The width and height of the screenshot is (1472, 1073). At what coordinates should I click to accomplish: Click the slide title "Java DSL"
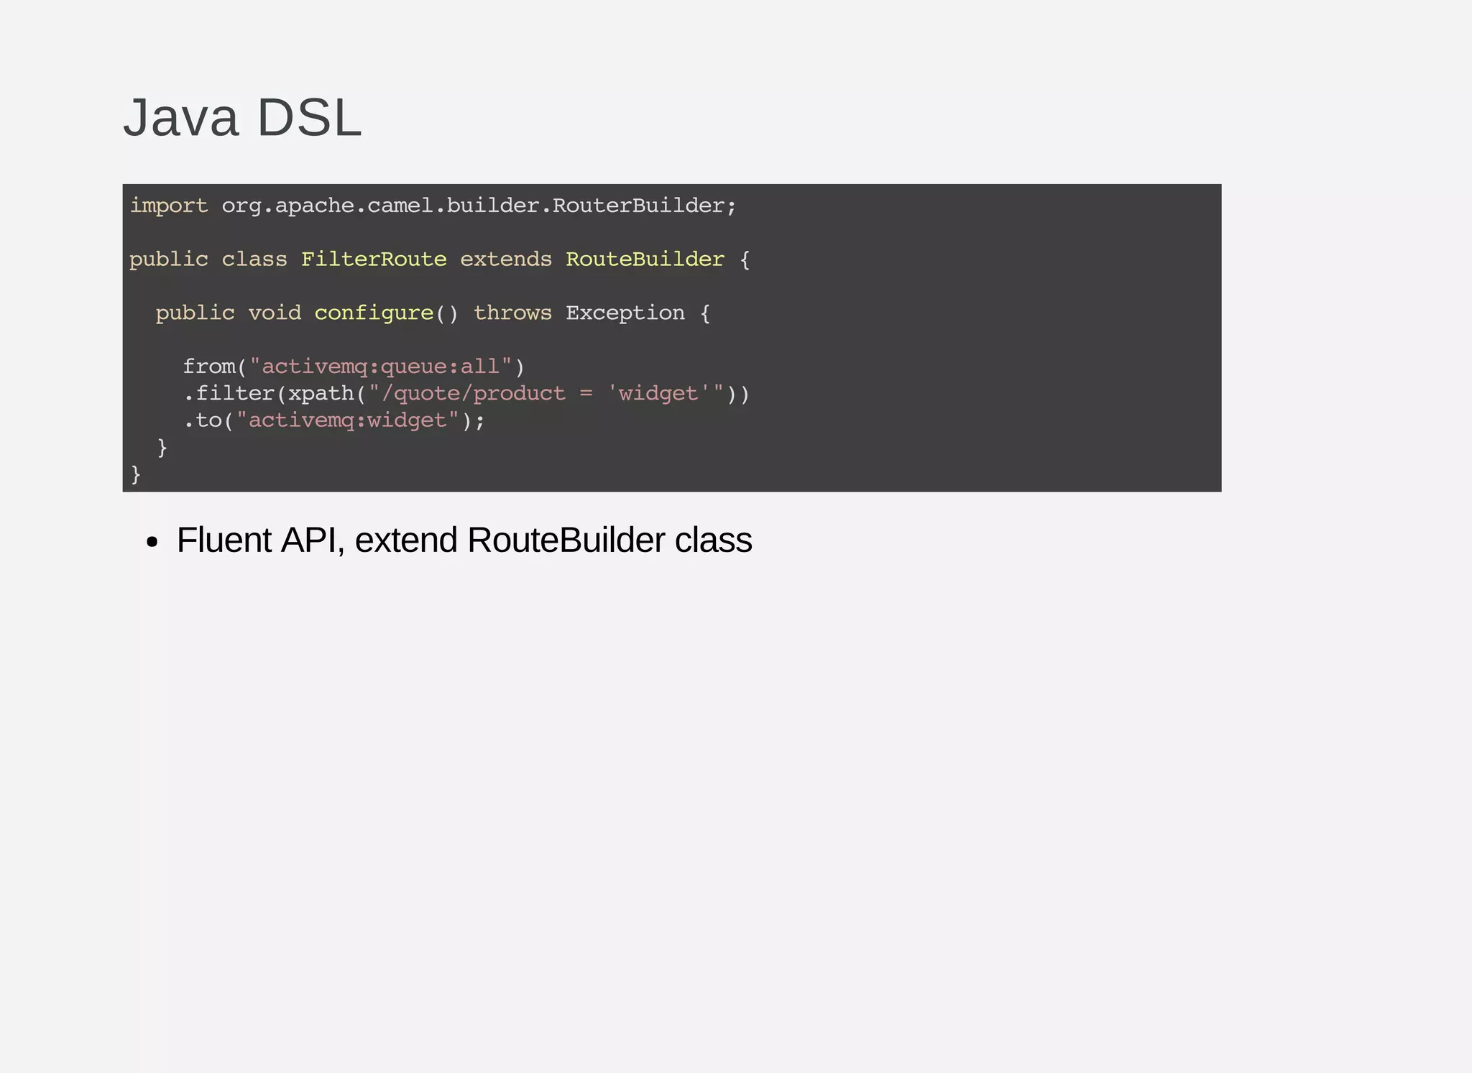click(242, 118)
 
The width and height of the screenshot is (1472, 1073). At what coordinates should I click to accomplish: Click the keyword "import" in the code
click(169, 206)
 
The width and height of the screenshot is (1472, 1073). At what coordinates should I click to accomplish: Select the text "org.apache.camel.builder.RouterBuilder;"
click(479, 206)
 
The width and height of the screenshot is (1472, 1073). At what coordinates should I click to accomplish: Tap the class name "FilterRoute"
click(374, 259)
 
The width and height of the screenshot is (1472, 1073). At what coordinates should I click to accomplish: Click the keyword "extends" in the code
click(506, 259)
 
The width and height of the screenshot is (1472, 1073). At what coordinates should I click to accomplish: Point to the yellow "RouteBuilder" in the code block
click(645, 259)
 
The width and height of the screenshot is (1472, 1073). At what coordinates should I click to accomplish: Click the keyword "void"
click(275, 313)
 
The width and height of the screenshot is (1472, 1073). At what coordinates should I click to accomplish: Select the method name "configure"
click(374, 313)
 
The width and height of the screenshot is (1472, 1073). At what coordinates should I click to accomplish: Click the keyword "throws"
click(512, 313)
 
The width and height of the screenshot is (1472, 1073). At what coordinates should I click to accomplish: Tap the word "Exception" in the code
click(625, 313)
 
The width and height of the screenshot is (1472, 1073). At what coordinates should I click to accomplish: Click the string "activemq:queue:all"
click(380, 367)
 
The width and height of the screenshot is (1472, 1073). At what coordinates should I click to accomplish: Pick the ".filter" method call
click(229, 394)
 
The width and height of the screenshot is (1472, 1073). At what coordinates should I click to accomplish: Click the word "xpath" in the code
click(321, 394)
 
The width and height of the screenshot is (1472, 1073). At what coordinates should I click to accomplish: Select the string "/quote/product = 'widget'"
click(546, 394)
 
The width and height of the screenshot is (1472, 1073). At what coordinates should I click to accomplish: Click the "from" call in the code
click(209, 367)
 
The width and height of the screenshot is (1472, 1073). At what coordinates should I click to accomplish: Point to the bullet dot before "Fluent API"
click(151, 543)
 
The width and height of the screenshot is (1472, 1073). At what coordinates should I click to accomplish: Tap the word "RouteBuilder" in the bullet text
click(566, 540)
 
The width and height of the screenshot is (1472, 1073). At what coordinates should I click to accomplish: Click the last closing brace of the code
click(136, 474)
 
